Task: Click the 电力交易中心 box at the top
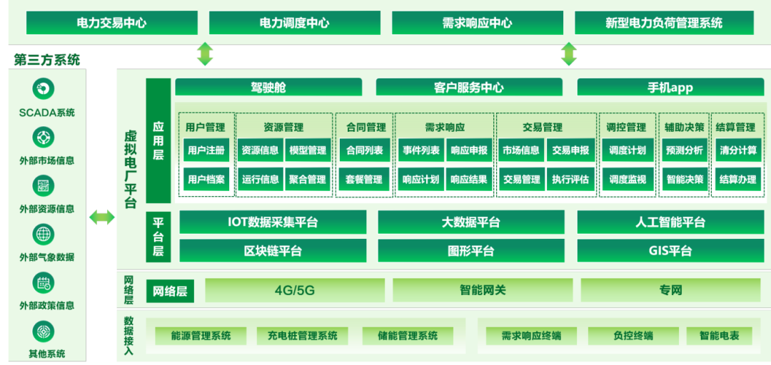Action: [x=111, y=23]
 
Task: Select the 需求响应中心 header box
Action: [x=477, y=23]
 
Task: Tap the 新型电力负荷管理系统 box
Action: [x=664, y=23]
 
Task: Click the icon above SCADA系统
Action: [x=44, y=90]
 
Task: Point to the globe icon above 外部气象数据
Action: [x=44, y=234]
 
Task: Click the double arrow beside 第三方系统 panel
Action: [x=101, y=217]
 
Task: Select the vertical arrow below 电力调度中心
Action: [x=205, y=54]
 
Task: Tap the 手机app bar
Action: [x=670, y=88]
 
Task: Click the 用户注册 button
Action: [x=206, y=150]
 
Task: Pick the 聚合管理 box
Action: [x=308, y=180]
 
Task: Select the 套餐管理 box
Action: [x=364, y=180]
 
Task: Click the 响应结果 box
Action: [x=469, y=180]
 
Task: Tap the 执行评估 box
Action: [x=570, y=180]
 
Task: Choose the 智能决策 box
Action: [x=685, y=180]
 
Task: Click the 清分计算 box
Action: [x=738, y=150]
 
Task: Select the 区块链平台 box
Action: [x=273, y=251]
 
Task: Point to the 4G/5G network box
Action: [x=294, y=290]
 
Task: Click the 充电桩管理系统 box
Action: [x=302, y=335]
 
